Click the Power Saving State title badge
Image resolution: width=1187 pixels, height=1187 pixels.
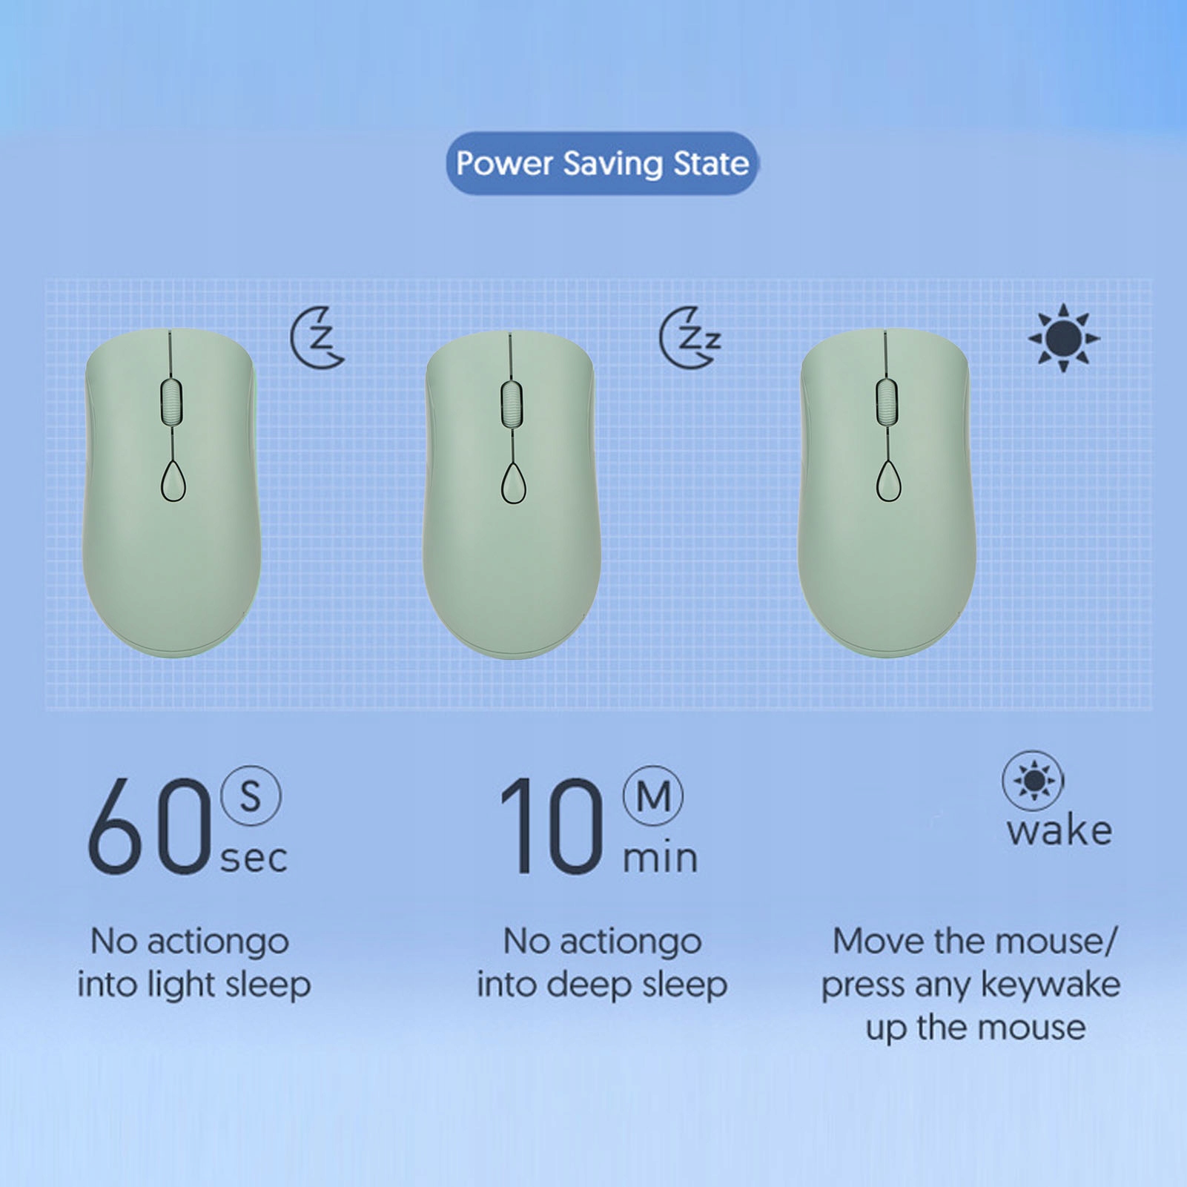(x=601, y=163)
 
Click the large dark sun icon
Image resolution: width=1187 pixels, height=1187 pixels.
(x=1064, y=338)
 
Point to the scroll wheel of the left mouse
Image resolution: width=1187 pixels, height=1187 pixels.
(x=171, y=402)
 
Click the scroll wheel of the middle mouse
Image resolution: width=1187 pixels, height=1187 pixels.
(x=511, y=403)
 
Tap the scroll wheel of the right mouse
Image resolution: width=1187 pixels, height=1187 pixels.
(x=887, y=402)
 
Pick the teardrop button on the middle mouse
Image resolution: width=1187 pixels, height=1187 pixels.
(x=513, y=483)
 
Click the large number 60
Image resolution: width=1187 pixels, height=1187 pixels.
(x=149, y=827)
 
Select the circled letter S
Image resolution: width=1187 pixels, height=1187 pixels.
(x=251, y=796)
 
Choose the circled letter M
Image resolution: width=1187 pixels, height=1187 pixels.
(x=653, y=796)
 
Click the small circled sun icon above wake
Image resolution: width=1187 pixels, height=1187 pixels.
(x=1033, y=781)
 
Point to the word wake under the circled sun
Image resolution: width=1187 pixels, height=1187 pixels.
(x=1059, y=830)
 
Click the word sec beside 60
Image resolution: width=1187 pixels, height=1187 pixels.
(x=254, y=859)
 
